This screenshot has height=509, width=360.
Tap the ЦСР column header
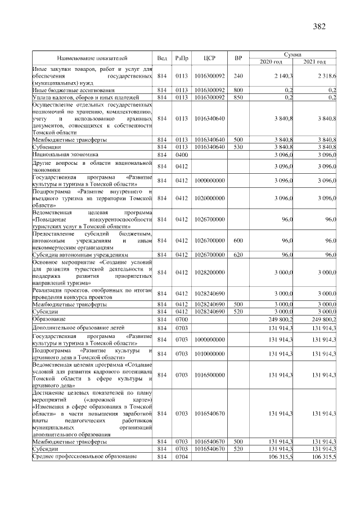tap(209, 58)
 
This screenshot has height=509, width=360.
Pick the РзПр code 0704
tap(181, 457)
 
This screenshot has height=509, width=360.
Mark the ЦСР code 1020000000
tap(209, 199)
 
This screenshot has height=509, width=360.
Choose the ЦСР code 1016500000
tap(209, 373)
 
